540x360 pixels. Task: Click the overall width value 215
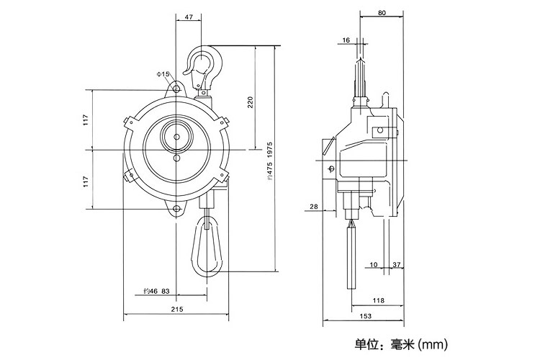177,309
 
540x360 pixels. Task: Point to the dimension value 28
313,207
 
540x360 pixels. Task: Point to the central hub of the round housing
176,135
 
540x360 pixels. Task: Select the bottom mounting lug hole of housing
176,210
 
